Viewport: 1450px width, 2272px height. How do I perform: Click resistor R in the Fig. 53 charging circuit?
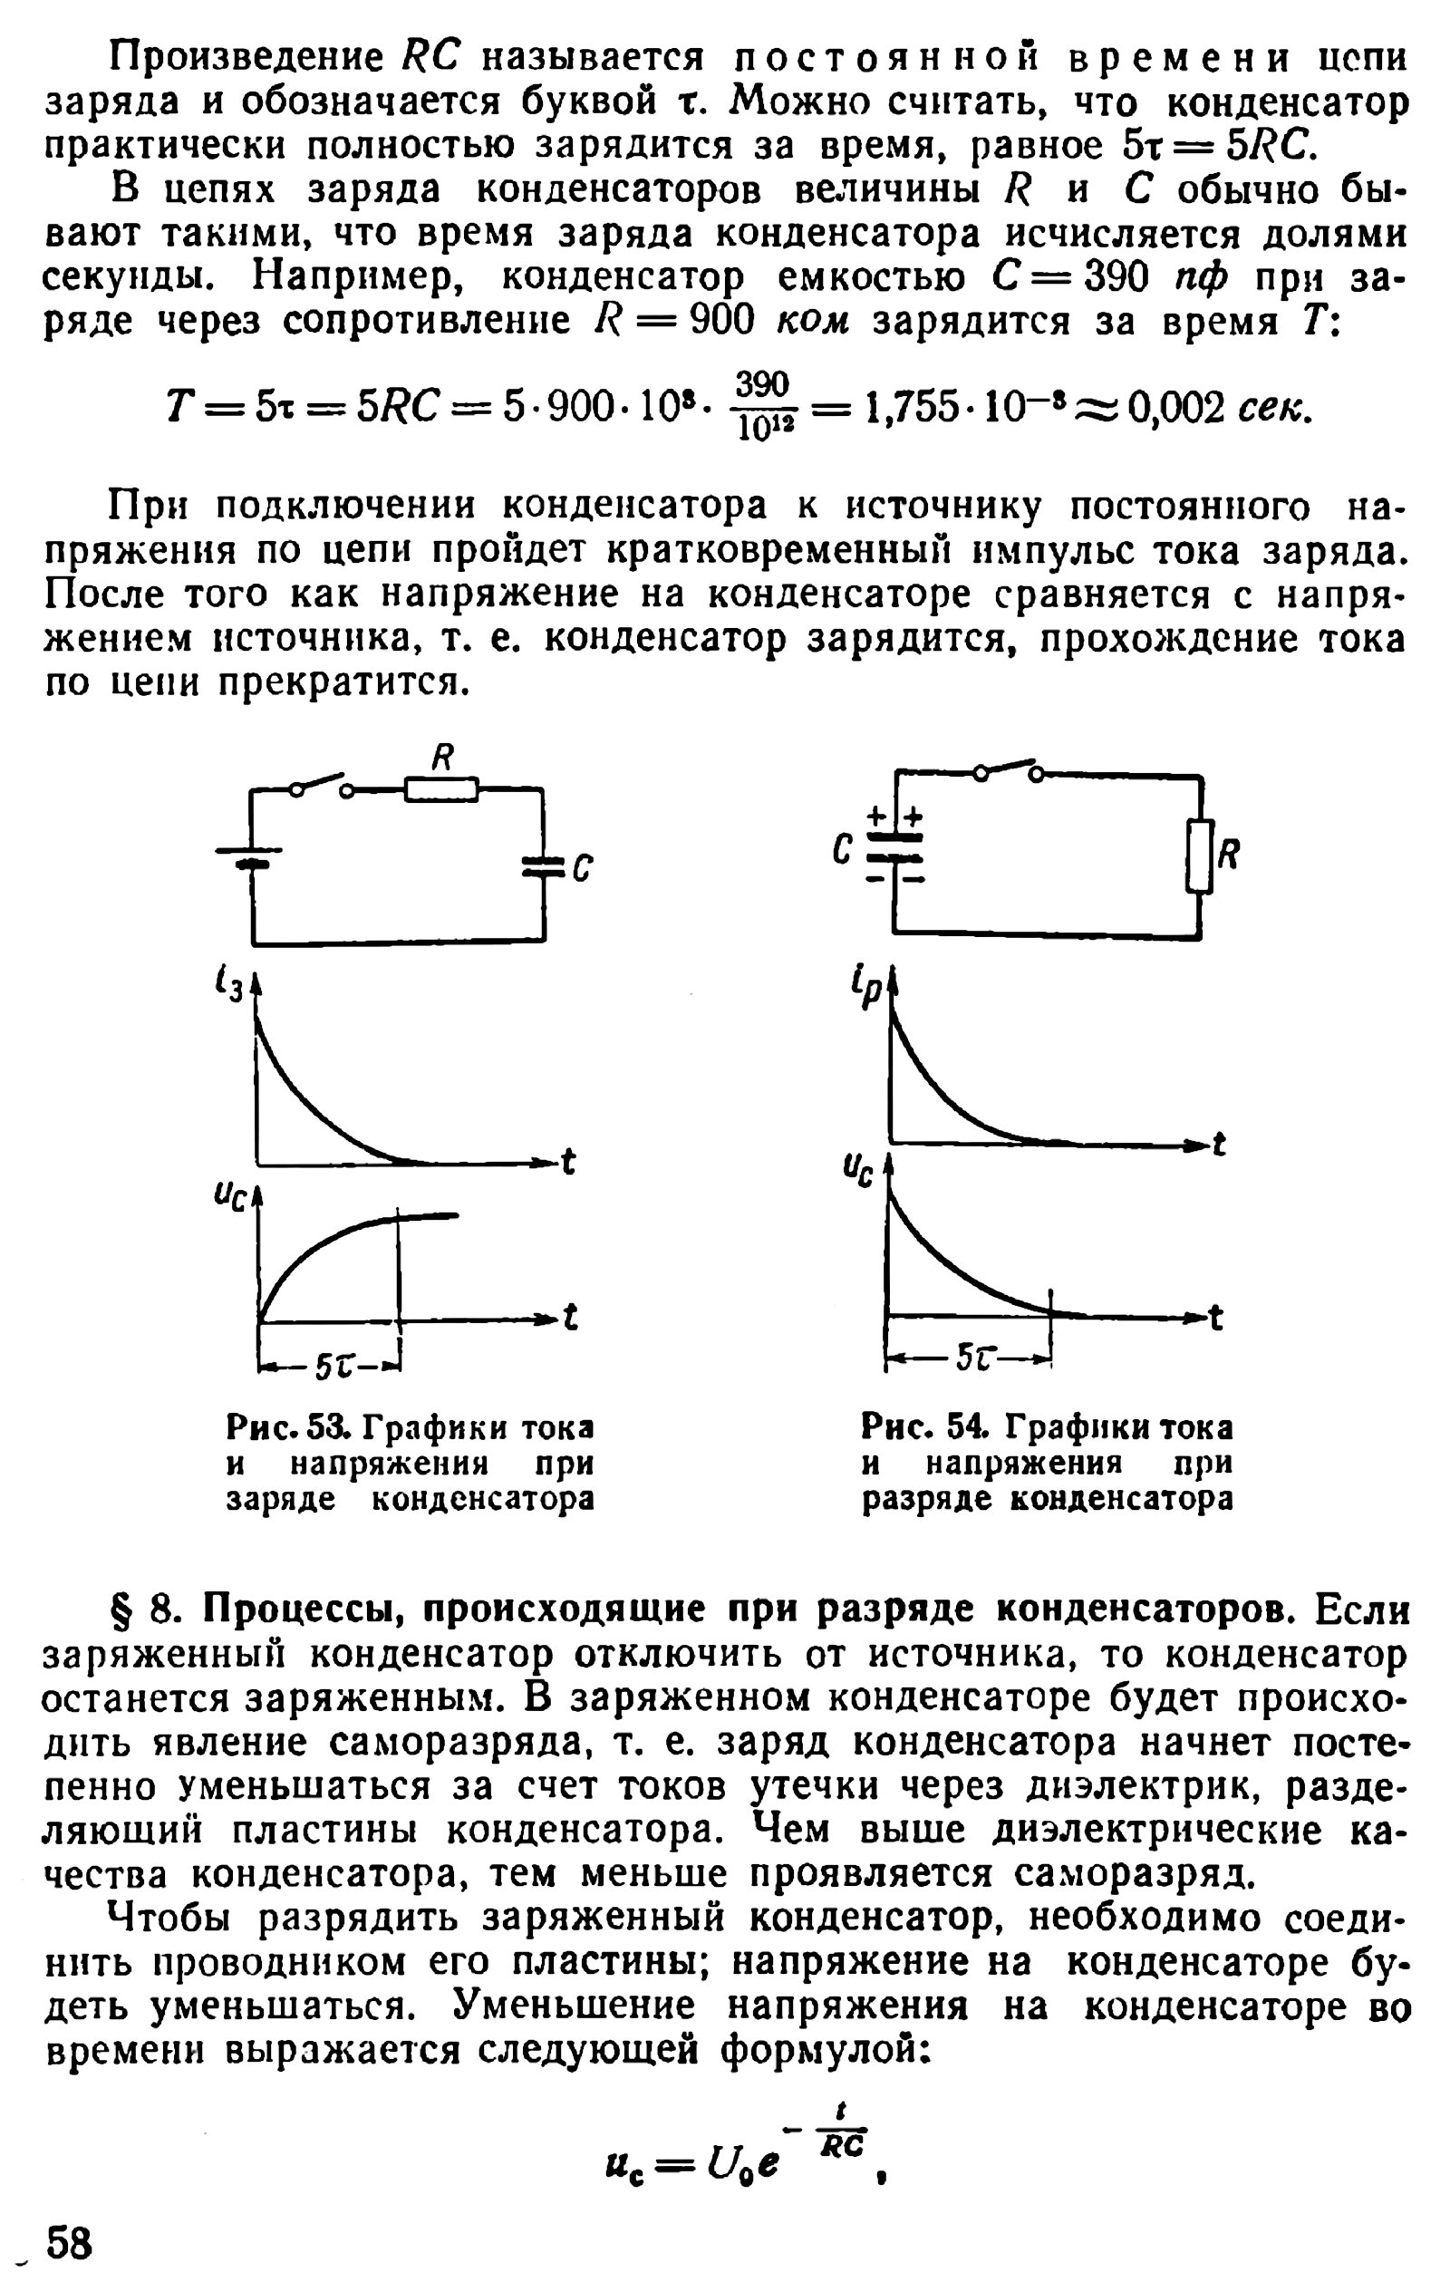440,788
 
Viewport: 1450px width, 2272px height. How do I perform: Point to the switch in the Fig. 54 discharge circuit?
1009,770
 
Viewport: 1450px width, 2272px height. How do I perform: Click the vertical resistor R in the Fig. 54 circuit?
1199,856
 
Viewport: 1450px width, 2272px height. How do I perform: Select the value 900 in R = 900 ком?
723,321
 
